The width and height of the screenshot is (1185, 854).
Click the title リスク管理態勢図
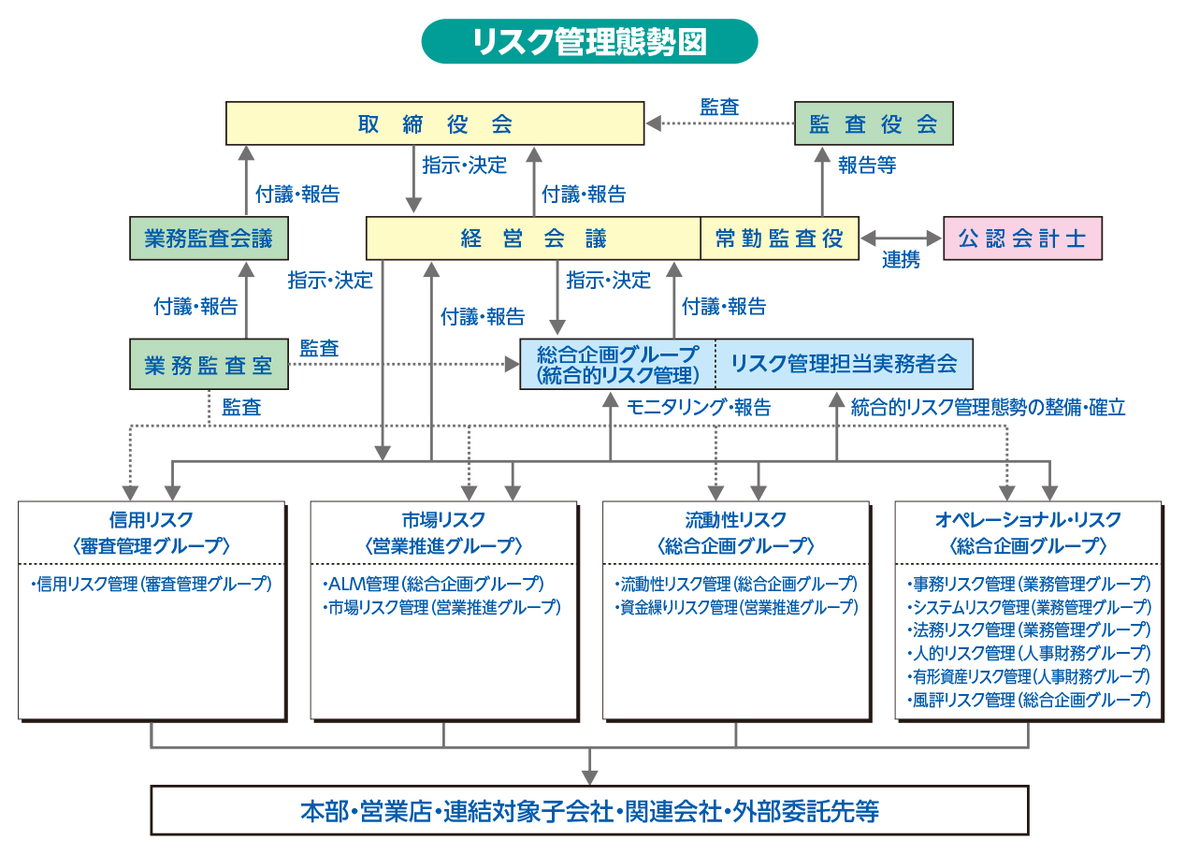pyautogui.click(x=589, y=42)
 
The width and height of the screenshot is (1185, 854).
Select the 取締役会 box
pyautogui.click(x=435, y=123)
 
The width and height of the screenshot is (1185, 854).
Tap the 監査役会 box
pyautogui.click(x=874, y=123)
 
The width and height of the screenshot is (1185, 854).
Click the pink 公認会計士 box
pyautogui.click(x=1022, y=239)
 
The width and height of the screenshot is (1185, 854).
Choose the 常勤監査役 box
pyautogui.click(x=779, y=239)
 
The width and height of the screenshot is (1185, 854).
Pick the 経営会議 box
pyautogui.click(x=533, y=239)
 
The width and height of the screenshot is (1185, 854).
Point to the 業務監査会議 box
pyautogui.click(x=209, y=239)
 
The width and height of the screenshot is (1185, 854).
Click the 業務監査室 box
pyautogui.click(x=209, y=364)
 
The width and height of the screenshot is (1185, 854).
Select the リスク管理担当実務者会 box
pyautogui.click(x=844, y=364)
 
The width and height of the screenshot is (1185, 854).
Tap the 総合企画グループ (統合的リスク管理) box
pyautogui.click(x=617, y=364)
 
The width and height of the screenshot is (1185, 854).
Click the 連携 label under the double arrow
pyautogui.click(x=901, y=261)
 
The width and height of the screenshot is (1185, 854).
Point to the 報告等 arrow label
pyautogui.click(x=866, y=166)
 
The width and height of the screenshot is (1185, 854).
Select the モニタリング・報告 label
pyautogui.click(x=699, y=407)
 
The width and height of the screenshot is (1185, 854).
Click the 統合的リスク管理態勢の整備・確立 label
pyautogui.click(x=988, y=407)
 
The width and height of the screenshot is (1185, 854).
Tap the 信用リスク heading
pyautogui.click(x=152, y=519)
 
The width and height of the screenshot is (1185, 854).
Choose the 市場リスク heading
pyautogui.click(x=443, y=519)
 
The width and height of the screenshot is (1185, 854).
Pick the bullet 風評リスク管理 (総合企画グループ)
pyautogui.click(x=1029, y=699)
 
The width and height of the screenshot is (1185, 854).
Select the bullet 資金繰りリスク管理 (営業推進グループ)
pyautogui.click(x=737, y=607)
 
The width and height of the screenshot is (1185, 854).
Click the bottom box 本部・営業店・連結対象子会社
pyautogui.click(x=589, y=810)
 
